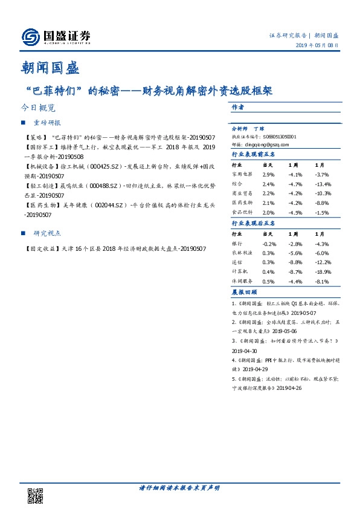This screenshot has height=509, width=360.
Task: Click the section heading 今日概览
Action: click(x=37, y=108)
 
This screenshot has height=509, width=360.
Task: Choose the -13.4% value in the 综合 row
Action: click(x=323, y=184)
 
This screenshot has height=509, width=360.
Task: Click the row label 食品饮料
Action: click(x=242, y=213)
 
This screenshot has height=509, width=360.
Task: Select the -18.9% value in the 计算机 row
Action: click(x=323, y=272)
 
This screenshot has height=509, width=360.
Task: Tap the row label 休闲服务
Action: click(x=242, y=281)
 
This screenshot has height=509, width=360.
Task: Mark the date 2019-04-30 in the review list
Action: click(x=245, y=351)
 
